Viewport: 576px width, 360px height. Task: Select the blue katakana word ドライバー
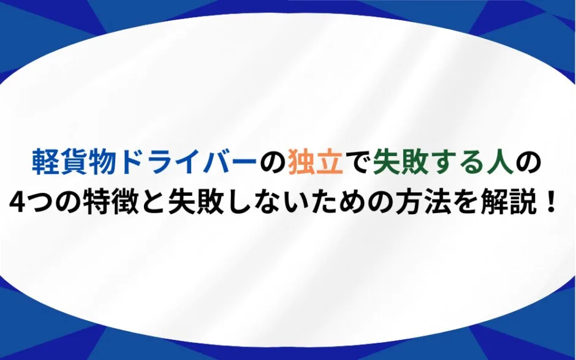click(x=189, y=162)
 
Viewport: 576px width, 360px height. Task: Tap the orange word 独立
click(x=316, y=162)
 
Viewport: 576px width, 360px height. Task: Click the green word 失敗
click(x=400, y=162)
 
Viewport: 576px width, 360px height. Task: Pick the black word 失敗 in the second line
click(x=196, y=202)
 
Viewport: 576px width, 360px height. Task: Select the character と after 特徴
click(x=153, y=203)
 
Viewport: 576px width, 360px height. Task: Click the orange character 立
click(x=330, y=162)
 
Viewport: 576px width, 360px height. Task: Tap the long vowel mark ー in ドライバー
click(x=243, y=162)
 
